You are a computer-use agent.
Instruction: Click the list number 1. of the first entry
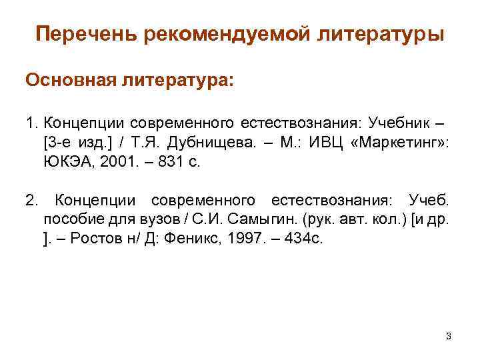pos(32,123)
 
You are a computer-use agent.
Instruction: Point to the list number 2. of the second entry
pos(33,200)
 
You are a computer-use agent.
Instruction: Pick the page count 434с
pos(301,239)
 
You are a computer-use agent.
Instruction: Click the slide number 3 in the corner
pos(449,336)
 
